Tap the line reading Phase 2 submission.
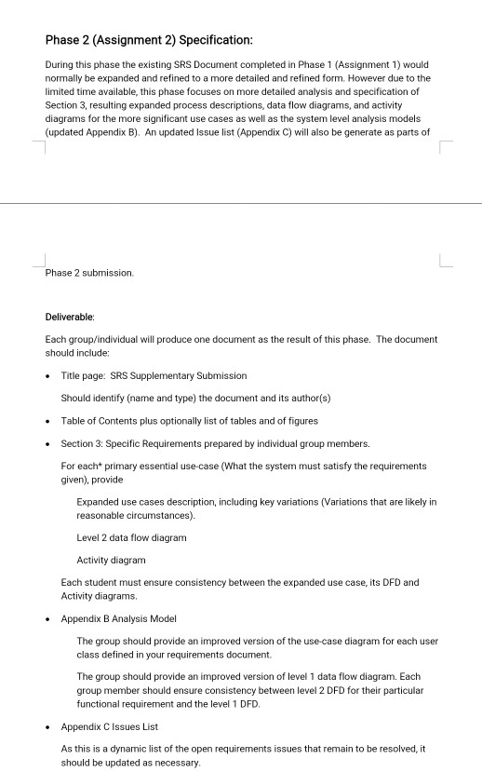(89, 273)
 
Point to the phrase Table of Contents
(99, 420)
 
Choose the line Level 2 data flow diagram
(131, 537)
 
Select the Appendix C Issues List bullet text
(110, 726)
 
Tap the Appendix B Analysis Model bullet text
(118, 618)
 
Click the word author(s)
(306, 398)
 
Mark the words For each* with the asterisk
(82, 466)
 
